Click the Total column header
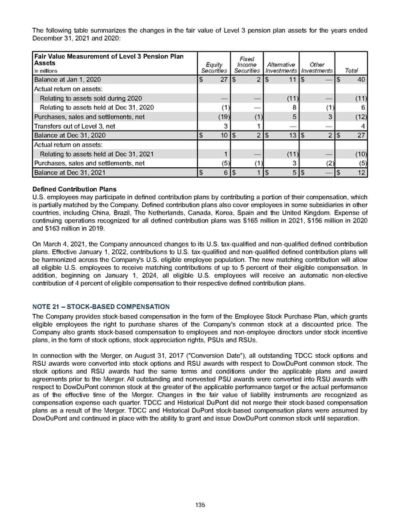pos(353,70)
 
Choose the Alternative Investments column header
pos(282,67)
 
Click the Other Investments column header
pos(317,67)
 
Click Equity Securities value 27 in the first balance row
pos(225,79)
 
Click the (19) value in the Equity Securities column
pos(225,117)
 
